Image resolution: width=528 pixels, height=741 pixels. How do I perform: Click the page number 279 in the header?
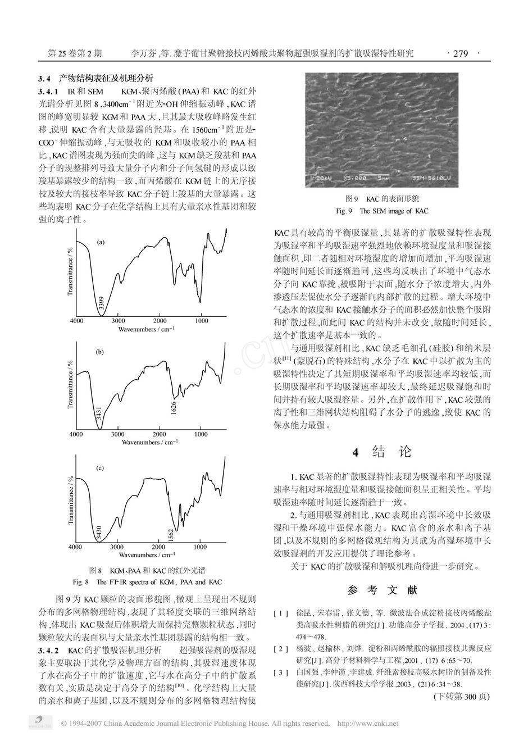click(x=460, y=54)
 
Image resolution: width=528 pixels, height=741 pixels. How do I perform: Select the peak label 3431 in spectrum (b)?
click(x=99, y=416)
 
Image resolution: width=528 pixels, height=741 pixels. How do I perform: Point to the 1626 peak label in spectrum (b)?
click(x=174, y=408)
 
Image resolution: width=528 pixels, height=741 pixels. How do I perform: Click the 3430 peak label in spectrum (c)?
click(x=99, y=531)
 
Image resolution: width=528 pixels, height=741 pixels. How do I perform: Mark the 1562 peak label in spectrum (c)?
click(x=171, y=534)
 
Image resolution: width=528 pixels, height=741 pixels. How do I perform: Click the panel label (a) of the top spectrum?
click(x=101, y=243)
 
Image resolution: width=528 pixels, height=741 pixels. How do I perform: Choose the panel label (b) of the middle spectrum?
click(x=100, y=352)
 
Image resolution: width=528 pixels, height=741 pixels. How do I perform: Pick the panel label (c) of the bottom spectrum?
click(x=100, y=467)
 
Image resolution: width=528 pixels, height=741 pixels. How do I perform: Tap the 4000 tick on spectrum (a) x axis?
click(x=76, y=321)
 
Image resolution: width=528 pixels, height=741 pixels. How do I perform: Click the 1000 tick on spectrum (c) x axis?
click(x=200, y=547)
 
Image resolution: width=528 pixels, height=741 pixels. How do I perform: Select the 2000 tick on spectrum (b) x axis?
click(x=159, y=434)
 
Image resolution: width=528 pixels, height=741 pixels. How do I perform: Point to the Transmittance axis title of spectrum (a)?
click(x=70, y=272)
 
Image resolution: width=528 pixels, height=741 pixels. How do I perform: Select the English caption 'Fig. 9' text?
click(x=343, y=211)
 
